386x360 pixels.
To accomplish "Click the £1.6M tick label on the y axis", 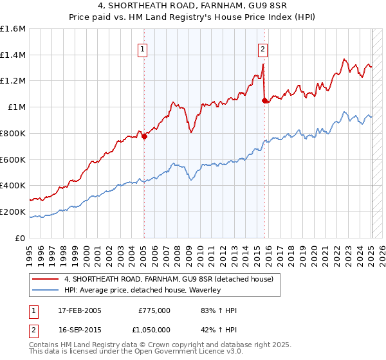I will [x=12, y=29].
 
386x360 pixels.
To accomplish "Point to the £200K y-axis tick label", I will [x=12, y=212].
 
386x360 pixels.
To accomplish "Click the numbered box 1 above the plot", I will [x=142, y=48].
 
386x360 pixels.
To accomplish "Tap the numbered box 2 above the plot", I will [x=263, y=48].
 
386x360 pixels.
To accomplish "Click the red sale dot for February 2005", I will [x=144, y=136].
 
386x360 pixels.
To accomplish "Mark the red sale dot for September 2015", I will [x=265, y=100].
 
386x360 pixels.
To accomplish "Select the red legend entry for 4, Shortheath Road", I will [x=169, y=279].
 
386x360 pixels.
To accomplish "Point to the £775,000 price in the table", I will [x=154, y=310].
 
